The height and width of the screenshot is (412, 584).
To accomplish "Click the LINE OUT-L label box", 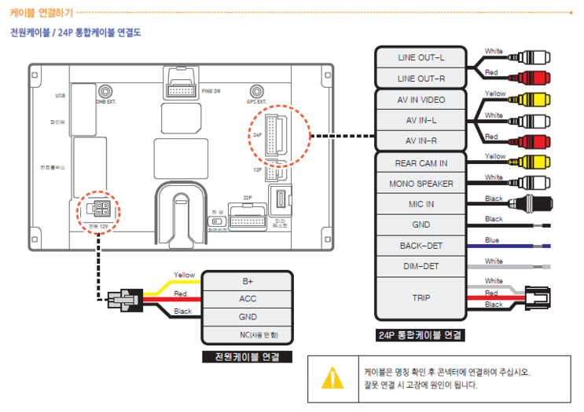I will pos(421,58).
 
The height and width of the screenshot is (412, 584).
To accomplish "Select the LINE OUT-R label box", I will pos(421,78).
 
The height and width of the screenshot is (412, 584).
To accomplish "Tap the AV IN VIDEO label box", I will pos(421,100).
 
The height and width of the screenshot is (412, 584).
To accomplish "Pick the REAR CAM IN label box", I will pos(421,163).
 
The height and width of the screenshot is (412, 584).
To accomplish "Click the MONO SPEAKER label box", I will pos(421,184).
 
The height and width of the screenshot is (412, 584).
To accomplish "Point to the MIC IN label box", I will pos(421,204).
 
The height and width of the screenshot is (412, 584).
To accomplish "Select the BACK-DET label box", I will pos(421,246).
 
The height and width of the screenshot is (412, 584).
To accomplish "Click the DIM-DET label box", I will pos(421,267).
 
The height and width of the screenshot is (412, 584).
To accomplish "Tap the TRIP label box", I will pos(421,298).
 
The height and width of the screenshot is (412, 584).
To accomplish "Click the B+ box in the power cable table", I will pos(248,281).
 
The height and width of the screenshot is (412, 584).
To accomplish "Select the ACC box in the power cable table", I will pos(248,299).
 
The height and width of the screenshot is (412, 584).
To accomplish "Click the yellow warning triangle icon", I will pos(332,377).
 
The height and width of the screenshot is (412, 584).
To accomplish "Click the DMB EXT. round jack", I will pos(104,92).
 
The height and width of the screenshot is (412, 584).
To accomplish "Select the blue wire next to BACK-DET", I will pos(515,246).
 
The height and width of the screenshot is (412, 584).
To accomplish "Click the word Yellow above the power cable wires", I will pos(184,275).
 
